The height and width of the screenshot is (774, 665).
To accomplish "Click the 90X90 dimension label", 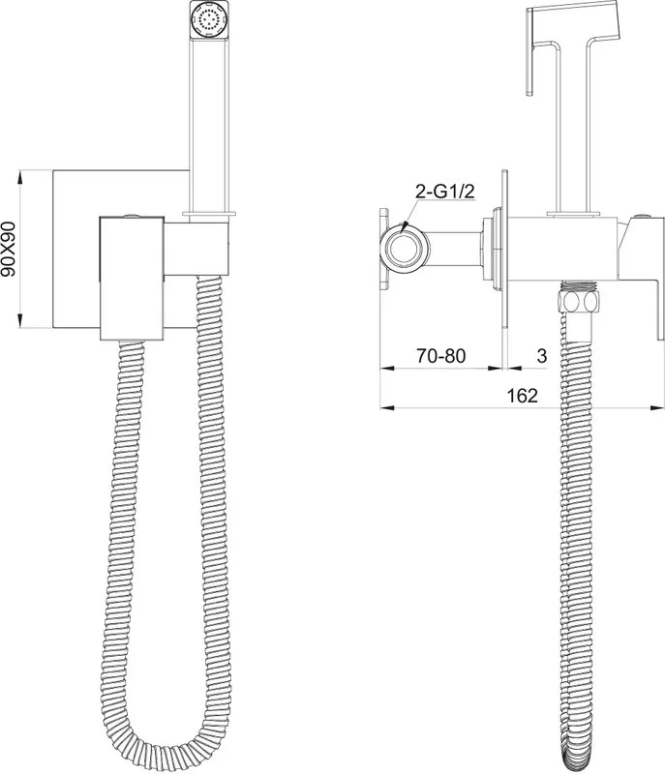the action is [10, 249].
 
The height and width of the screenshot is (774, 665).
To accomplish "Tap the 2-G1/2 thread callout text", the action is [444, 191].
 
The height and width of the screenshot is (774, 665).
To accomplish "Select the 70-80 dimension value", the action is [440, 355].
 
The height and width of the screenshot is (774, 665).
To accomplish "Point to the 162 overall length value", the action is [522, 396].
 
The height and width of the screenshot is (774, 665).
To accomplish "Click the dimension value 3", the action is [541, 355].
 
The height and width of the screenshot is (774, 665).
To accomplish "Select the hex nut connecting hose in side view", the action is [578, 301].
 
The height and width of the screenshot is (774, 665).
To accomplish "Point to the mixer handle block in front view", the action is [132, 278].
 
